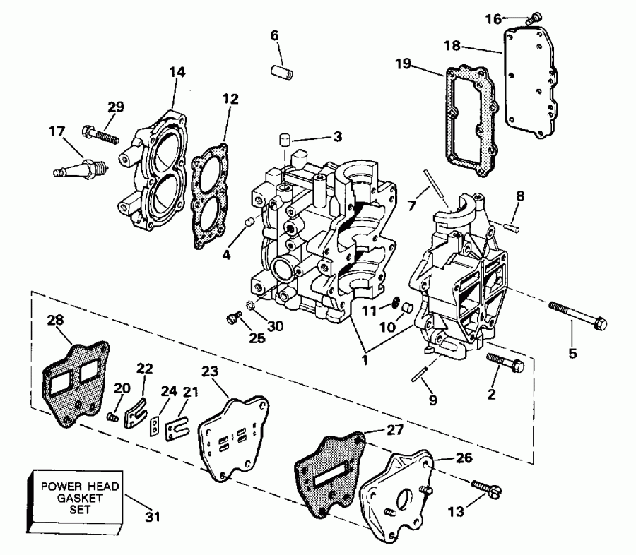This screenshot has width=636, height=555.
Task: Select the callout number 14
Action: [177, 71]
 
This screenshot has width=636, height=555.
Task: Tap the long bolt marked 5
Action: [578, 315]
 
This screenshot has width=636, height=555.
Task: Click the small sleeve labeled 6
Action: [281, 72]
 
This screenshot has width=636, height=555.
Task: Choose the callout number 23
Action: [210, 372]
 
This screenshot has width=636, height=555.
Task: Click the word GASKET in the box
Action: [79, 499]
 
